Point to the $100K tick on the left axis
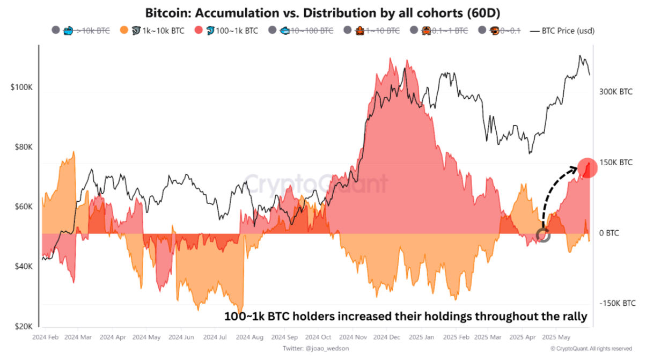tap(21, 87)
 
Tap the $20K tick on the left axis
tap(23, 326)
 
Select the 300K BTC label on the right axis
tap(615, 92)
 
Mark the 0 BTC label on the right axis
tap(609, 233)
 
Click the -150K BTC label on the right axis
tap(617, 303)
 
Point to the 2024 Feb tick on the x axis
tap(45, 337)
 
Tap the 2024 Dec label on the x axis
tap(387, 337)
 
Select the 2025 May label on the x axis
tap(556, 337)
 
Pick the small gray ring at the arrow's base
tap(543, 235)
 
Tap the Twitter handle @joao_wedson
tap(310, 349)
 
